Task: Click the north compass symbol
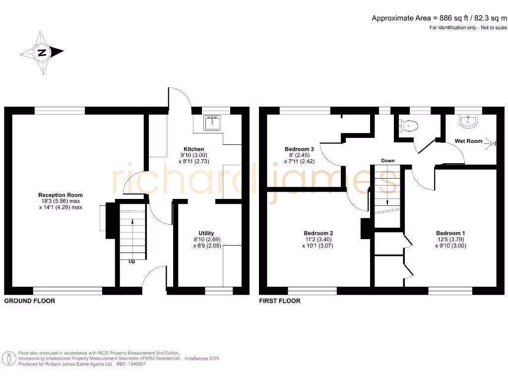click(42, 53)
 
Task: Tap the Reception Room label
click(61, 195)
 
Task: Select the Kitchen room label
click(193, 149)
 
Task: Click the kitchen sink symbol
click(215, 123)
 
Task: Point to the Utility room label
click(206, 233)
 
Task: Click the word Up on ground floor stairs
click(132, 261)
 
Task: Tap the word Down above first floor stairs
click(388, 161)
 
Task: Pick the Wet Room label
click(468, 141)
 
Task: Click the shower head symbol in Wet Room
click(492, 143)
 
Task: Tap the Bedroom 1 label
click(450, 233)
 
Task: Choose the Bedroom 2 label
click(318, 233)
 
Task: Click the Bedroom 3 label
click(299, 149)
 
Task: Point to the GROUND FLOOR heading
click(30, 301)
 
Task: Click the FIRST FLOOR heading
click(279, 301)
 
